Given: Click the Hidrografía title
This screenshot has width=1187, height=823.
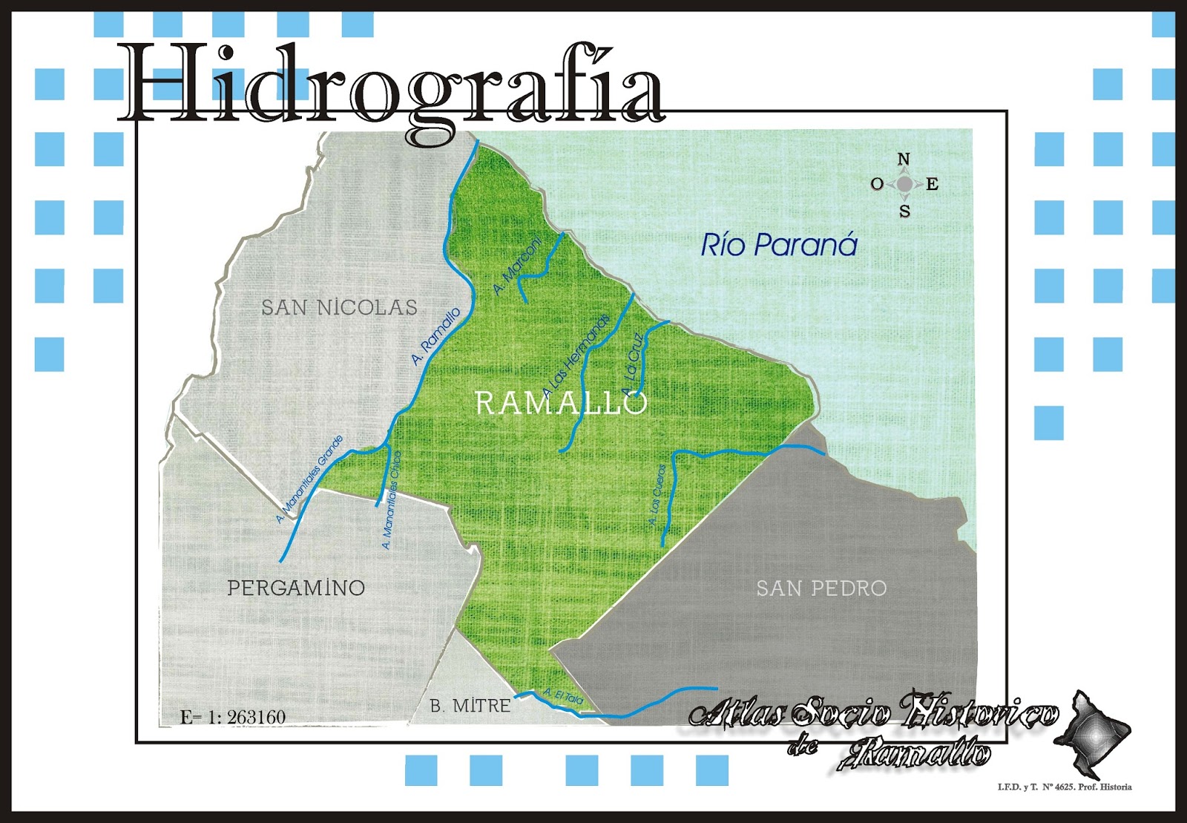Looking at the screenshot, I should [x=393, y=85].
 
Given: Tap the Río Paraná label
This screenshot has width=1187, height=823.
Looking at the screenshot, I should [x=779, y=245].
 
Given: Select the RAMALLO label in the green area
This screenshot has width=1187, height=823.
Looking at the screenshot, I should [x=561, y=404].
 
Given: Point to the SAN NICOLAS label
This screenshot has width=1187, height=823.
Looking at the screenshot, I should [x=339, y=307].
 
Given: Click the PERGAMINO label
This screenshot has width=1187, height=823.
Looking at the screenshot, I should [x=296, y=588].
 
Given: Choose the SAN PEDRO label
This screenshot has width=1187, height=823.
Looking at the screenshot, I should [x=821, y=588].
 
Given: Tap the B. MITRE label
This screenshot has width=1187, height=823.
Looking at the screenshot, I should [x=470, y=706].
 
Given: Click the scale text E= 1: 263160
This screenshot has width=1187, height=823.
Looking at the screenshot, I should [x=233, y=717].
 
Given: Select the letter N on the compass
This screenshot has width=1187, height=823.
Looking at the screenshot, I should [x=904, y=160].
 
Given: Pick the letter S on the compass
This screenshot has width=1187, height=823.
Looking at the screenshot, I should [x=904, y=212].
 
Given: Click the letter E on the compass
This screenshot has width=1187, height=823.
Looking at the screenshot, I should [x=933, y=185].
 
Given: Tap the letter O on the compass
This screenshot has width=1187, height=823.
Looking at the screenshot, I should [x=877, y=184].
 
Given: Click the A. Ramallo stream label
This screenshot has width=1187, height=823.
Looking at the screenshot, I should [x=436, y=336].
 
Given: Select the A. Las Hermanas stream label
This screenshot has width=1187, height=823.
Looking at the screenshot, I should [x=576, y=355].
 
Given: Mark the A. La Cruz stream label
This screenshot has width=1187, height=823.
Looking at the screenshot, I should [x=633, y=364].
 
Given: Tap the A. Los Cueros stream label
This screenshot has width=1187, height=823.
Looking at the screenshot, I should [x=657, y=495].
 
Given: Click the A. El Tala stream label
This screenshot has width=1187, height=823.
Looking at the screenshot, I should [x=564, y=697].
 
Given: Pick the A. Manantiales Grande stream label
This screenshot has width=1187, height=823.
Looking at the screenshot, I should [x=310, y=479].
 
